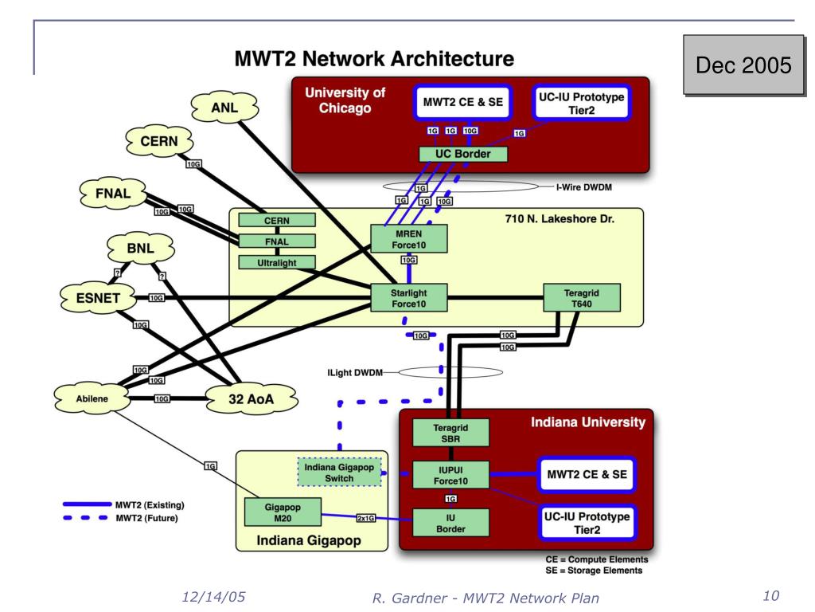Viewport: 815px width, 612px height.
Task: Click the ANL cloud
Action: tap(224, 108)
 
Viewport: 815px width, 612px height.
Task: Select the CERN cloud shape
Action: tap(159, 141)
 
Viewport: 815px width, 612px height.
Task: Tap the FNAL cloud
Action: tap(113, 194)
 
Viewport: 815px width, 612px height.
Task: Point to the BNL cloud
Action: tap(140, 249)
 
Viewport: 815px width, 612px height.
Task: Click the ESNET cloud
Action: tap(98, 298)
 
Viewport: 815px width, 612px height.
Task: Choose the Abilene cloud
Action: tap(92, 398)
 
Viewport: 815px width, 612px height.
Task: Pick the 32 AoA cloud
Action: tap(251, 399)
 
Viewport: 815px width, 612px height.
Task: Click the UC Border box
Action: tap(463, 154)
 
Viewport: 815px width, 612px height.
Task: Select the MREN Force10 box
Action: tap(409, 239)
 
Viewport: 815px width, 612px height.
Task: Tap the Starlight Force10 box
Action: tap(409, 298)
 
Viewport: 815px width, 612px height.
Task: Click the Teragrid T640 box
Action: tap(582, 298)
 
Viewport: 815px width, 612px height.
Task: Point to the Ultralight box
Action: tap(277, 263)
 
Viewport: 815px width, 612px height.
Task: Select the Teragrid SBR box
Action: tap(450, 433)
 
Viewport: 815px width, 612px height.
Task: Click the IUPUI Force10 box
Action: tap(450, 475)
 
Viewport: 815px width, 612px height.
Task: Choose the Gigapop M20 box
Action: tap(283, 512)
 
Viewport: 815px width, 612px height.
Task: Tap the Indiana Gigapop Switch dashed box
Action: tap(339, 473)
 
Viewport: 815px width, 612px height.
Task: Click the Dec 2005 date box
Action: tap(744, 65)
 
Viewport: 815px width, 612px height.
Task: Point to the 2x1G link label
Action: tap(366, 518)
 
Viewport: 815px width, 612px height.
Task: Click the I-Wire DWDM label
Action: tap(583, 187)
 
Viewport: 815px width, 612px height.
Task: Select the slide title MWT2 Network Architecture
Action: tap(374, 59)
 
